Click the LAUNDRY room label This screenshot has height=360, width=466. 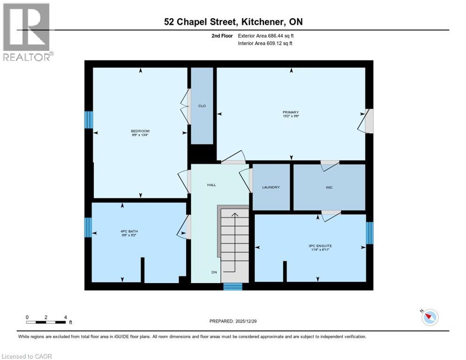(x=271, y=187)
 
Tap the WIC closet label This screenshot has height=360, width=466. (x=329, y=187)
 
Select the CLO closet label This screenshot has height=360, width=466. (x=202, y=106)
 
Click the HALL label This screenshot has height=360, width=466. (x=211, y=185)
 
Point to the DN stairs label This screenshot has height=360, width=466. (x=213, y=272)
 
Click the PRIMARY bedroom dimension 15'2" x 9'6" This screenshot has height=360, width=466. (x=291, y=116)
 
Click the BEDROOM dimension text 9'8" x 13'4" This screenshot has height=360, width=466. (x=140, y=135)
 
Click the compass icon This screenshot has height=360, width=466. (x=429, y=317)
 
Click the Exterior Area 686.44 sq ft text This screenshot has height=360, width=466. (x=266, y=36)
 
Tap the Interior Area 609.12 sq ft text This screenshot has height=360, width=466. (x=266, y=43)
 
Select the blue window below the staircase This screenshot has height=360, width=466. (x=233, y=287)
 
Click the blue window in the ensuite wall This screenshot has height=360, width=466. (x=369, y=233)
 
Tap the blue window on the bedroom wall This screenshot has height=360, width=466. (x=88, y=120)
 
